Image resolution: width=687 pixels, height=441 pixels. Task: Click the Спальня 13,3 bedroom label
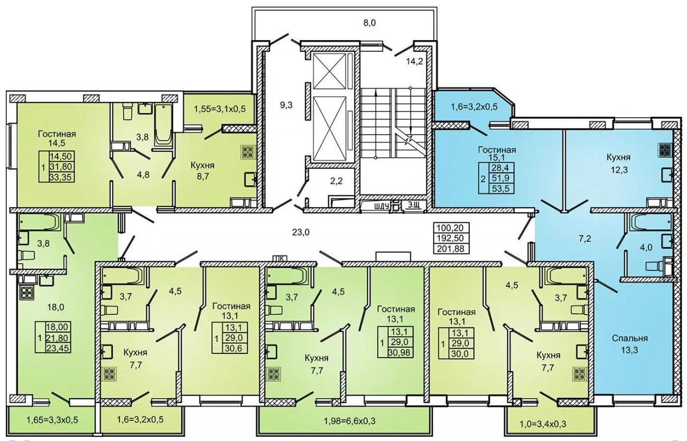pyautogui.click(x=630, y=344)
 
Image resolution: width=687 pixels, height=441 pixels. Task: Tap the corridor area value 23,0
pyautogui.click(x=301, y=232)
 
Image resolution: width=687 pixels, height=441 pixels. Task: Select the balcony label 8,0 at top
pyautogui.click(x=369, y=23)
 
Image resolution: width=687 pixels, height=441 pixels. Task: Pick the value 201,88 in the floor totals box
pyautogui.click(x=451, y=248)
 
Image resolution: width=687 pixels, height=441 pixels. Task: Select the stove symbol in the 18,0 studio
pyautogui.click(x=27, y=293)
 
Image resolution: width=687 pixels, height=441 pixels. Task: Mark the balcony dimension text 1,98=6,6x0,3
pyautogui.click(x=350, y=421)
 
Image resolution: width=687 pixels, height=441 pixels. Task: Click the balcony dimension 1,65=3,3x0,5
pyautogui.click(x=52, y=419)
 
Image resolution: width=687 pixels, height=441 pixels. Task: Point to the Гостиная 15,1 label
pyautogui.click(x=497, y=153)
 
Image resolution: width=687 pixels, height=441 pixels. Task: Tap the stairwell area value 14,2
pyautogui.click(x=415, y=61)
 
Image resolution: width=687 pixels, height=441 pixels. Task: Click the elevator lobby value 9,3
pyautogui.click(x=286, y=105)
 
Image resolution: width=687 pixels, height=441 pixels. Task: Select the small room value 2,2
pyautogui.click(x=336, y=181)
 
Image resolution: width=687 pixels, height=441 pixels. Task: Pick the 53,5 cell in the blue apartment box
pyautogui.click(x=500, y=189)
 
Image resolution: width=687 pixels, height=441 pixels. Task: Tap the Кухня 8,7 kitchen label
pyautogui.click(x=202, y=171)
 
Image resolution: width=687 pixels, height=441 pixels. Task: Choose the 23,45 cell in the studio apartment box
pyautogui.click(x=58, y=348)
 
